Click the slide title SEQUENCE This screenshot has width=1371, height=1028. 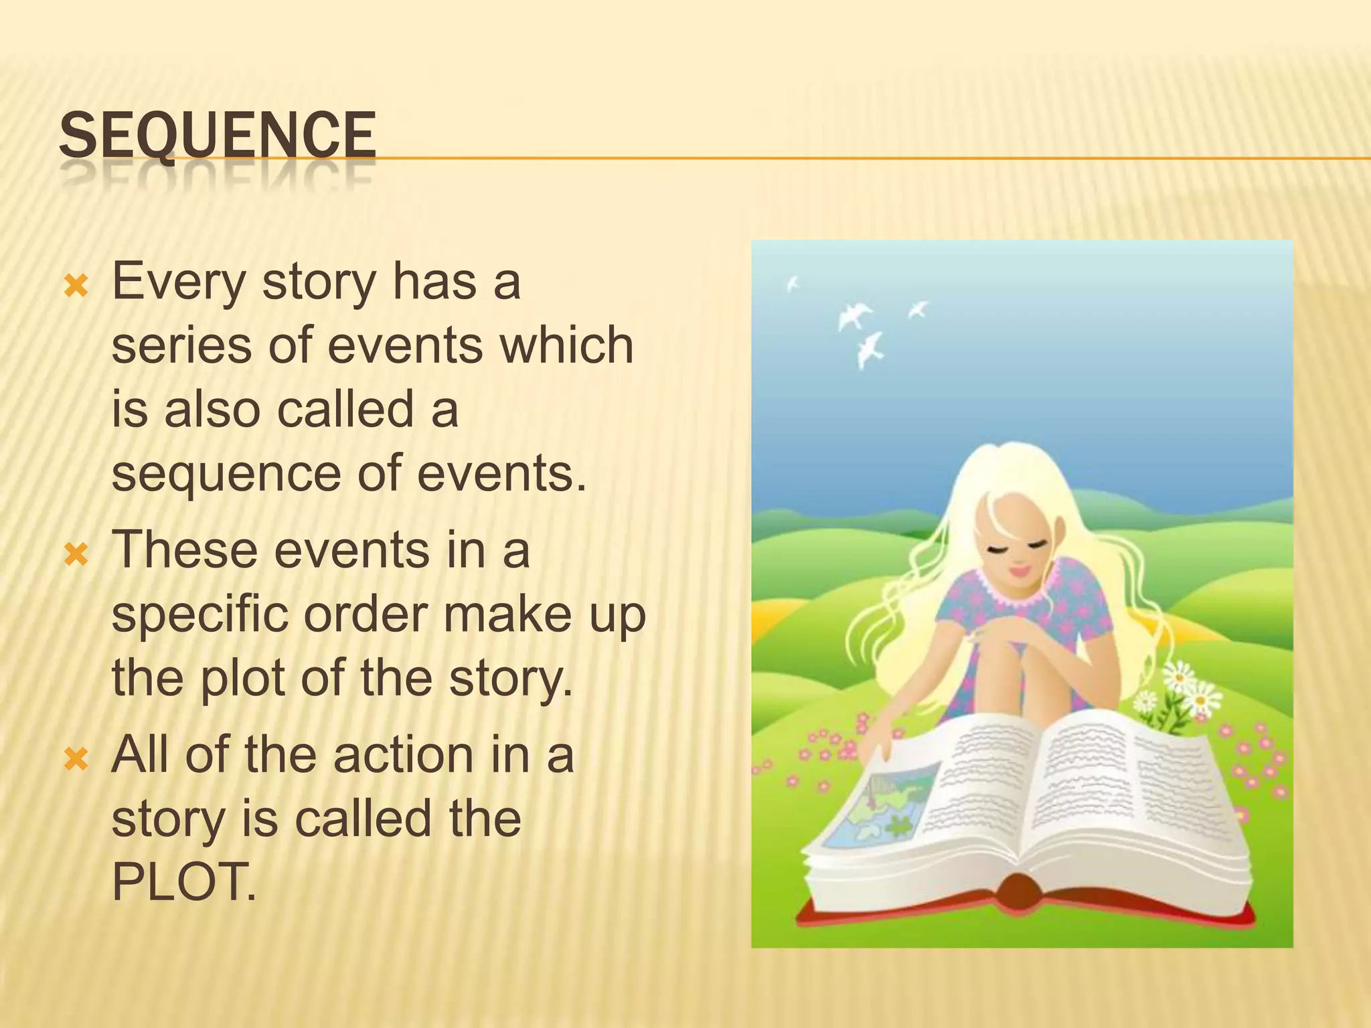coord(217,137)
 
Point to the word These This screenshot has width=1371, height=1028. coord(185,550)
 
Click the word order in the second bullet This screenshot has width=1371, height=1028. coord(366,614)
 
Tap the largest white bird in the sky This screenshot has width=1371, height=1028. coord(854,315)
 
